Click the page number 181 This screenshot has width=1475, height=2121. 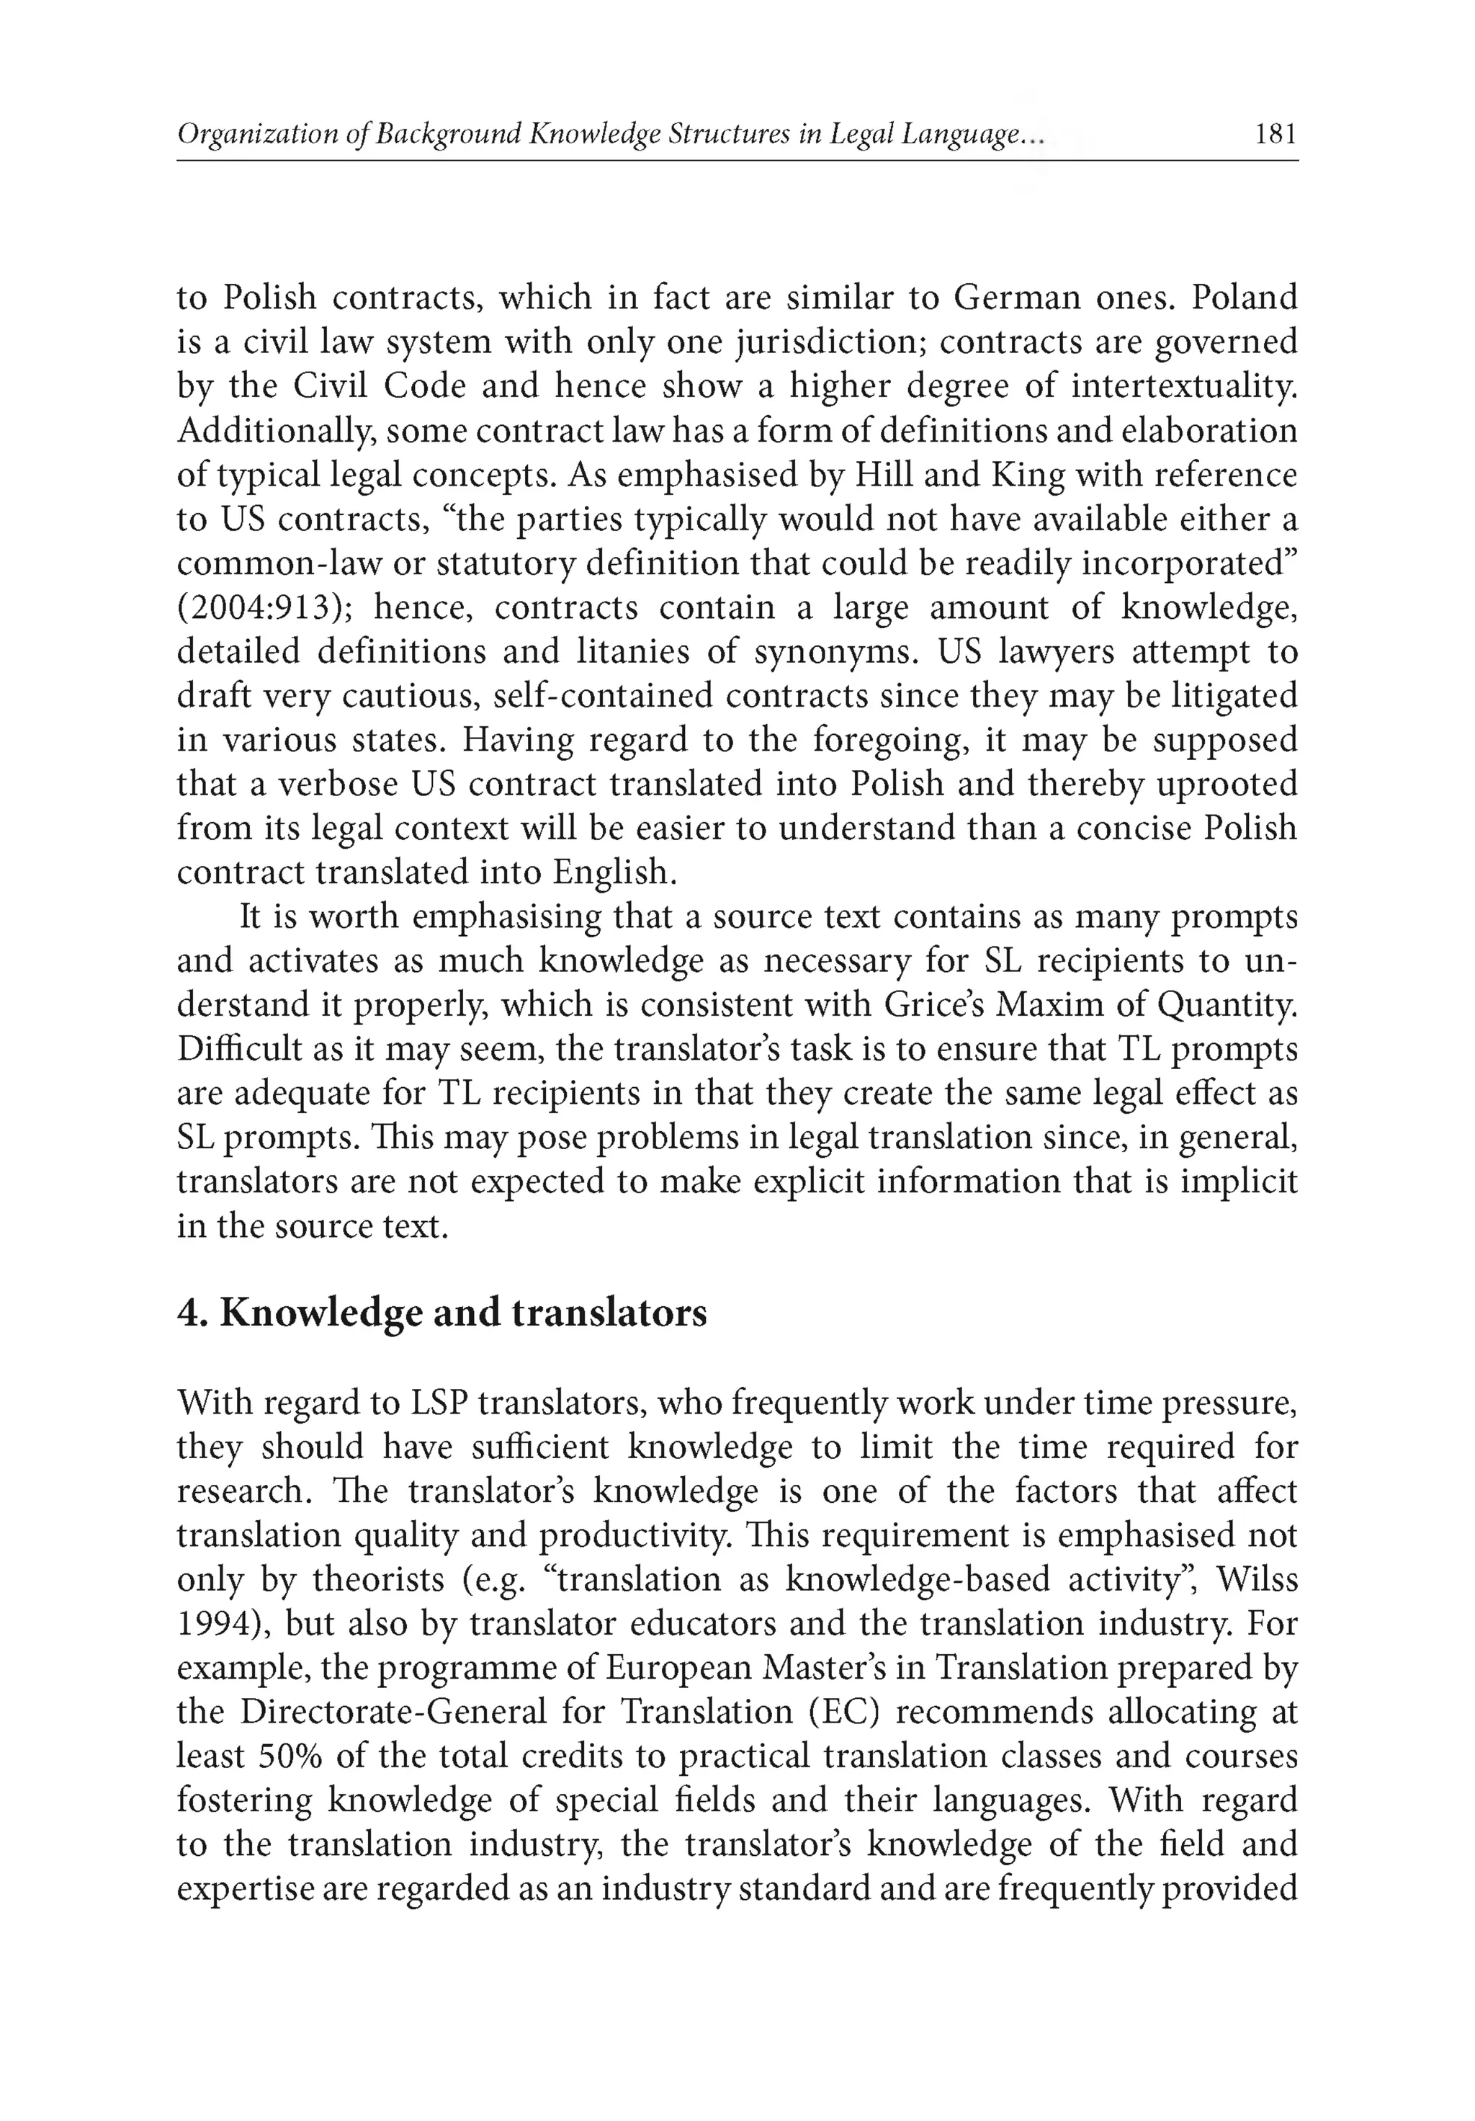[x=1276, y=135]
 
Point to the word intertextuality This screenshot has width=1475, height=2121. [x=1184, y=386]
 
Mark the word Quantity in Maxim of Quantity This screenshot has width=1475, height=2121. [x=1224, y=1004]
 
